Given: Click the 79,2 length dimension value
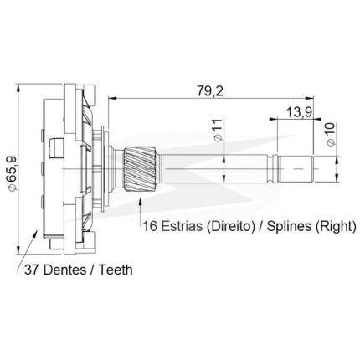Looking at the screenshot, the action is click(x=210, y=90).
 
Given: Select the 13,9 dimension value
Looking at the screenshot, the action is click(x=300, y=112).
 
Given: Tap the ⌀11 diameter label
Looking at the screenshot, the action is click(x=219, y=130).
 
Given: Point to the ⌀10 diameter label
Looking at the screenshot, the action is click(x=330, y=134).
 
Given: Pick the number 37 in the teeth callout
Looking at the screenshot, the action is click(x=31, y=270).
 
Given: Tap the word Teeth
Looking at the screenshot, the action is click(x=116, y=270).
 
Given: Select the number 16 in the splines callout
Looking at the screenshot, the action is click(x=150, y=226).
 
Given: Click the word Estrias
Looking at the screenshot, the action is click(x=182, y=226).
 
